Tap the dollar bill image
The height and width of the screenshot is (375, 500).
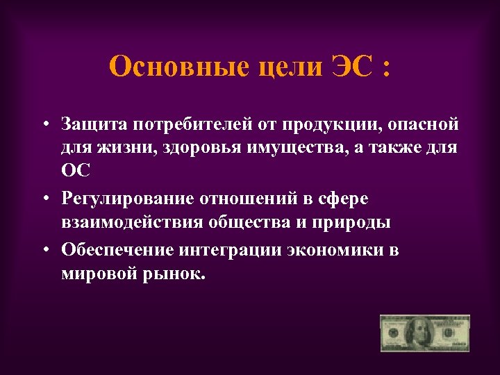coord(424,333)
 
